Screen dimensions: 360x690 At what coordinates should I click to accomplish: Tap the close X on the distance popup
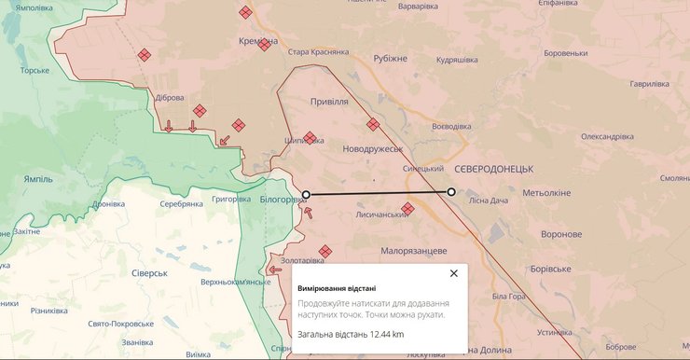454,273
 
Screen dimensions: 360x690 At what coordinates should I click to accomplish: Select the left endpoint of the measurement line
307,194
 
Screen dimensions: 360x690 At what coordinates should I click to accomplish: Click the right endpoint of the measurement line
451,192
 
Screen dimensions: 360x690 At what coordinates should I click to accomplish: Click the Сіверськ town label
148,273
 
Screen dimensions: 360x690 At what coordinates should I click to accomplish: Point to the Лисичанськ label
382,214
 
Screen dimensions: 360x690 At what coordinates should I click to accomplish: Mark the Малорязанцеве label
414,251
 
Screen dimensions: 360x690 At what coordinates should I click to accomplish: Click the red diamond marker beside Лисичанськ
407,209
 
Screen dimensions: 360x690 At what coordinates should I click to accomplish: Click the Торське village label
34,70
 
